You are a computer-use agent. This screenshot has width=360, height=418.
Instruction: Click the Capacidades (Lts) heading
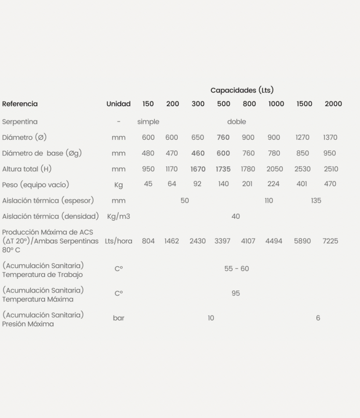click(242, 90)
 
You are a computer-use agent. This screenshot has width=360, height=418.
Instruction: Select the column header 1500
click(304, 104)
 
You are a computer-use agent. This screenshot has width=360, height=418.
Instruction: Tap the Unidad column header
click(118, 104)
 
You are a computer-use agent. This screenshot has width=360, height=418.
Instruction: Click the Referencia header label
click(20, 104)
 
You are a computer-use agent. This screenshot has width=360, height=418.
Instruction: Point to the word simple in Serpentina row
click(148, 122)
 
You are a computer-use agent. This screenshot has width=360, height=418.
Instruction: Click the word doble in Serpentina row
click(236, 122)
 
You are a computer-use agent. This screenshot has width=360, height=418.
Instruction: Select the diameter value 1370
click(330, 138)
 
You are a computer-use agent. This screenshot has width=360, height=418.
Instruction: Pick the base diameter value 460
click(198, 153)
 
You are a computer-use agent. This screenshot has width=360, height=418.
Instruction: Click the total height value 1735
click(223, 169)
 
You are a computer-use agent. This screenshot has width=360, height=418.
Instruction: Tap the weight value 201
click(248, 184)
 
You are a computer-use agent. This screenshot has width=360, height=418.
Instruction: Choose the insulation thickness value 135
click(316, 200)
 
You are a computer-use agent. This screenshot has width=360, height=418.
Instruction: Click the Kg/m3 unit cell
click(118, 216)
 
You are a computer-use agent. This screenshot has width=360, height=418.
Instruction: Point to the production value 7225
click(330, 241)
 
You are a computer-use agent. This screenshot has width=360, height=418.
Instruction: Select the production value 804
click(148, 241)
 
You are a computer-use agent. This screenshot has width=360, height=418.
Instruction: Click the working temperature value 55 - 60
click(236, 269)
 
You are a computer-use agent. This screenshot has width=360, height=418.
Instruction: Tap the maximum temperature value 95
click(236, 293)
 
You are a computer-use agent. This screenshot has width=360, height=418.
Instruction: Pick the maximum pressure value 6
click(318, 318)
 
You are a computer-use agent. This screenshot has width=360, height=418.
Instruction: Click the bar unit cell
click(118, 318)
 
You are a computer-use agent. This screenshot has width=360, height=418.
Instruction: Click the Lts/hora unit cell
click(118, 241)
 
